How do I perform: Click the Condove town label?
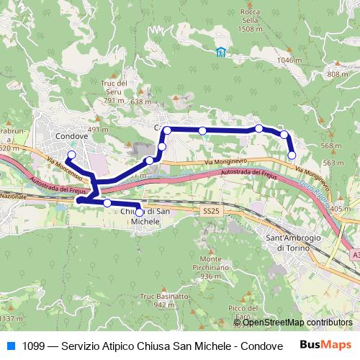point(71,135)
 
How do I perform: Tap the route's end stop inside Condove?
point(71,155)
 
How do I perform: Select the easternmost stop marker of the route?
point(292,155)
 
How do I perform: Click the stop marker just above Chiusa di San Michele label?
point(139,212)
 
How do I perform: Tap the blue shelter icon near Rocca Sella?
point(220,51)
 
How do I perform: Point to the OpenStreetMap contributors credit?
point(297,323)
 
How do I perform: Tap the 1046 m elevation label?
point(289,61)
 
